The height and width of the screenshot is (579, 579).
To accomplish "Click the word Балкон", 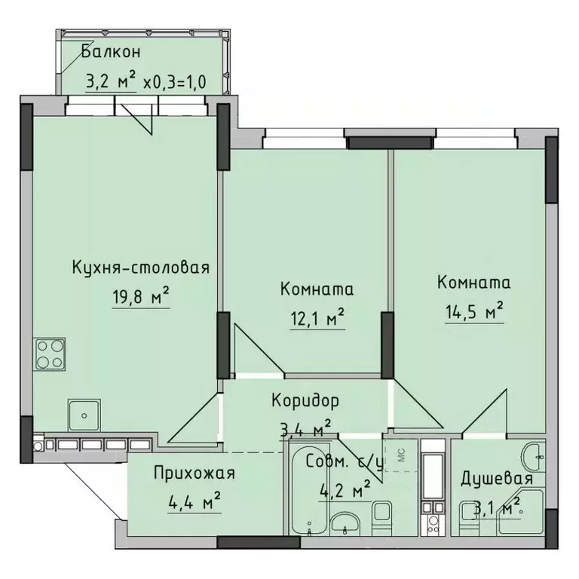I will click(110, 53).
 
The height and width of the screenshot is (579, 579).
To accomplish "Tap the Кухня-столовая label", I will click(140, 267).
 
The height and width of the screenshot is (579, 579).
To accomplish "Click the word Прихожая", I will click(194, 473).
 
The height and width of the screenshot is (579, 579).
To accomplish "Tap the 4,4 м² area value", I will click(193, 501).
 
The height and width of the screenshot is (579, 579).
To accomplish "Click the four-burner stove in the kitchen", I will click(50, 354).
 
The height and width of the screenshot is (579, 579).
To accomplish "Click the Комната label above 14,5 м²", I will click(474, 283).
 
